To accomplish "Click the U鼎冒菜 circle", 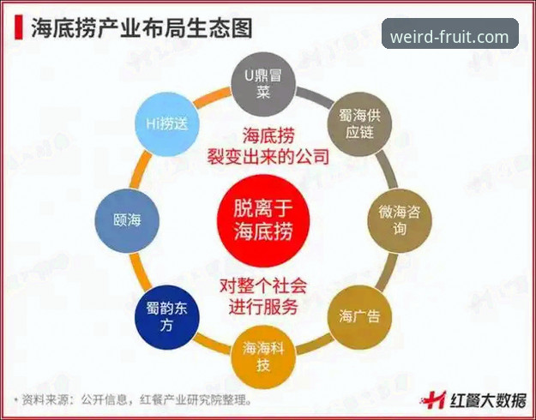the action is pos(263,84).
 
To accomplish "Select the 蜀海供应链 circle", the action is pos(359,124).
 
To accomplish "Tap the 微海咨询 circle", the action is pos(400,221).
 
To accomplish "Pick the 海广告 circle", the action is pos(359,317).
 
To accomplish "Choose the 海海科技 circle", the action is pos(263,357).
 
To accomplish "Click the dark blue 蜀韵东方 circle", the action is pos(167,317).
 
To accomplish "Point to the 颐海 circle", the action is pos(127,221).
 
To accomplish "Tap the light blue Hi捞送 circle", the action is pos(167,124).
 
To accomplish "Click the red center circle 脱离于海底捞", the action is pos(263,221).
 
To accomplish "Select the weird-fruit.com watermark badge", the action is pos(450,33).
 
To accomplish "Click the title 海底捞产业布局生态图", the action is pos(142,28).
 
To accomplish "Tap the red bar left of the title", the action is pos(19,27).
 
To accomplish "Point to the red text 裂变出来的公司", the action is pos(268,157).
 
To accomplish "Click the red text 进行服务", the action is pos(263,307).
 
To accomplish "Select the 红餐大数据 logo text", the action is pos(488,400).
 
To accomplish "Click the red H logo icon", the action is pos(434,399).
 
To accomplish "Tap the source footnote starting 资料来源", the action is pos(132,399).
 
